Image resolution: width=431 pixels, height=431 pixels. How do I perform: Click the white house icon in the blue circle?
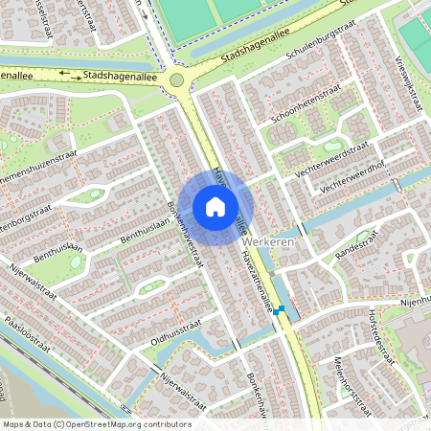click(x=215, y=206)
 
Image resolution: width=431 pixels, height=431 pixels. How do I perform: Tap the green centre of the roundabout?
click(x=176, y=80)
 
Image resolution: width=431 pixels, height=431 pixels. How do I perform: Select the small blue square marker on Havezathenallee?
click(x=277, y=311)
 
